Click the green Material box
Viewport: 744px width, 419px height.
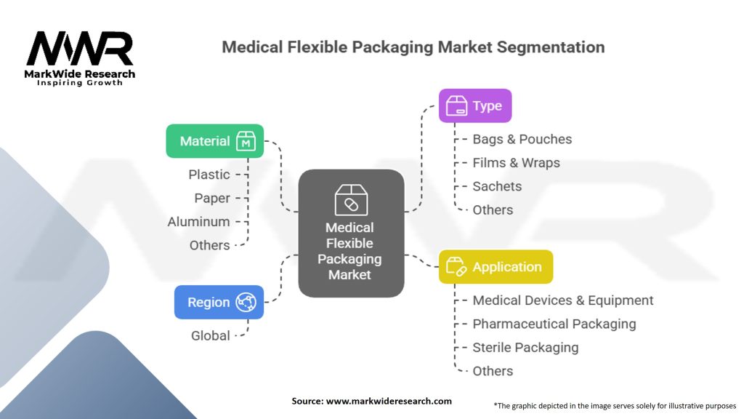pos(214,141)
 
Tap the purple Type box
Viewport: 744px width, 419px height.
pos(475,105)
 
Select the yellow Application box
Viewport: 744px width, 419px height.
pos(496,267)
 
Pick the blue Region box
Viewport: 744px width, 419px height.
pos(219,302)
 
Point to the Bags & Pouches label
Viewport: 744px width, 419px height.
pos(522,139)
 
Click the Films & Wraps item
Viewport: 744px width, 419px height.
pos(516,163)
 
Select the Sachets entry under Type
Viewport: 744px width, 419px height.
pos(497,186)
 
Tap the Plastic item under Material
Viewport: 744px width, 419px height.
pos(209,175)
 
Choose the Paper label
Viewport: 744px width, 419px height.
pos(212,198)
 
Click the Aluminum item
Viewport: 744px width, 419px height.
pos(198,222)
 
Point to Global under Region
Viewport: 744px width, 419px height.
pos(210,335)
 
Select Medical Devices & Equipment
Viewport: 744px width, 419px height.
pos(562,300)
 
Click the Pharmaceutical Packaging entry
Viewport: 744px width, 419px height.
pos(554,324)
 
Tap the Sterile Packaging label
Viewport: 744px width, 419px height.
pos(525,347)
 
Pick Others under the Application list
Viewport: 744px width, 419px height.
pos(493,371)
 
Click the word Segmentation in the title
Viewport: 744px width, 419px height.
pos(551,47)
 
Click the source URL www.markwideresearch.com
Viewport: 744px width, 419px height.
pos(389,401)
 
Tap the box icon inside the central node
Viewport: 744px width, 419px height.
pos(351,200)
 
